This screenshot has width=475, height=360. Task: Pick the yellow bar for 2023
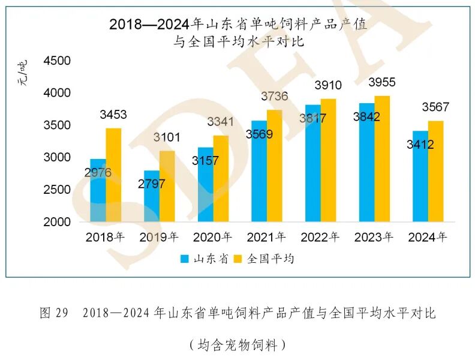pyautogui.click(x=382, y=159)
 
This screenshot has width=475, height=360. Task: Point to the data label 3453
pyautogui.click(x=113, y=115)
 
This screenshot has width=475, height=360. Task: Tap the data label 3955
pyautogui.click(x=382, y=82)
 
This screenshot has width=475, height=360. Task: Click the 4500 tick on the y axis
pyautogui.click(x=58, y=61)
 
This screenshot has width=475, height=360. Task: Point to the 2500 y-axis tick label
pyautogui.click(x=58, y=190)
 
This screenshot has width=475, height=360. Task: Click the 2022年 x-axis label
pyautogui.click(x=320, y=237)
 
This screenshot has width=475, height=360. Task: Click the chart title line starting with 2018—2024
pyautogui.click(x=237, y=25)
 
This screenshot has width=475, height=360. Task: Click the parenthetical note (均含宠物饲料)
pyautogui.click(x=237, y=344)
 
